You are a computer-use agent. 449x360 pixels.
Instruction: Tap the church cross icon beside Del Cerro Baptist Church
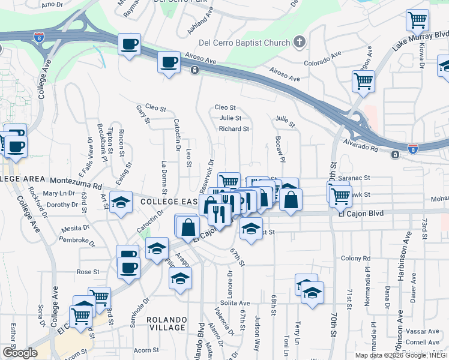click(299, 43)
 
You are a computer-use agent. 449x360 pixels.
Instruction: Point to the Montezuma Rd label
click(77, 179)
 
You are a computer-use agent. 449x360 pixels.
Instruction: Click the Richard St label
click(234, 129)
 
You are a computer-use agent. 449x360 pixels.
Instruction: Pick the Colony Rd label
click(354, 258)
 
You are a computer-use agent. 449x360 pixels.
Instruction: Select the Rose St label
click(88, 272)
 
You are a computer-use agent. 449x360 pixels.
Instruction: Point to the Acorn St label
click(146, 350)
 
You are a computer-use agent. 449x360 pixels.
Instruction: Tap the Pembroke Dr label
click(74, 241)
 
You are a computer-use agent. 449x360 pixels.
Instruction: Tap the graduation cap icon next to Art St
click(121, 202)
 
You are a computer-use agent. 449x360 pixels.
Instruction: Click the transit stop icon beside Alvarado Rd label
click(395, 155)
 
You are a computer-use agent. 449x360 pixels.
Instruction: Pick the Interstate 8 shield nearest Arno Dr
click(38, 37)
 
